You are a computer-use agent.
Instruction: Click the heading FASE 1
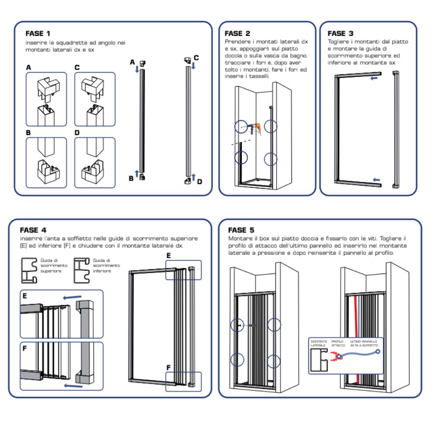38,33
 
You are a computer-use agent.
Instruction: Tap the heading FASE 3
340,33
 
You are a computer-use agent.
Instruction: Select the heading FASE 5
241,230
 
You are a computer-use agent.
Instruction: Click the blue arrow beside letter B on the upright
137,173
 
